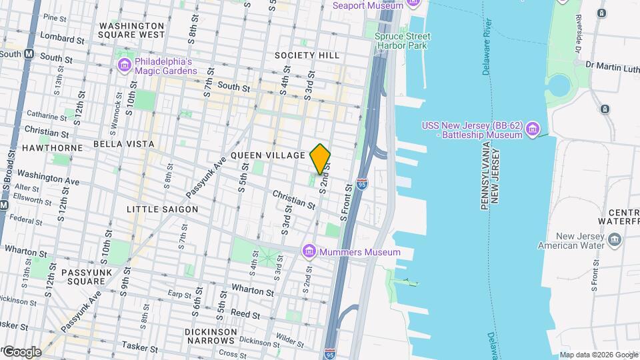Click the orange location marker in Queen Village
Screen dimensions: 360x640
tap(321, 158)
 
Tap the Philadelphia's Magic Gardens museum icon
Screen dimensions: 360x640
tap(124, 65)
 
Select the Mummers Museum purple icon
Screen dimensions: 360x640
tap(309, 251)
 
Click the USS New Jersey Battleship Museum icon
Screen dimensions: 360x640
tap(532, 128)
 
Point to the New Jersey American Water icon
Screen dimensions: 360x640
tap(615, 239)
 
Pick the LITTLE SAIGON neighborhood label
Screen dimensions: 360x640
tap(163, 209)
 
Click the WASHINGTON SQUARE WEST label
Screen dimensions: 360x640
tap(131, 30)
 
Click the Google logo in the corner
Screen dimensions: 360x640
tap(22, 352)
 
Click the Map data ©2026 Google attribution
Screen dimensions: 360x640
tap(598, 355)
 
